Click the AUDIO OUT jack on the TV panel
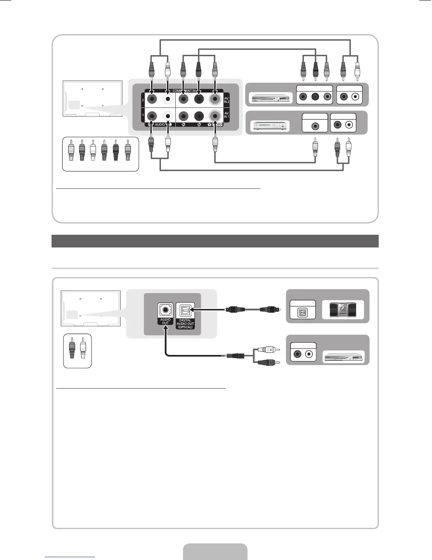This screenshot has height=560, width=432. pyautogui.click(x=165, y=311)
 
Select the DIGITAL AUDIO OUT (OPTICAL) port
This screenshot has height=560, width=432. pyautogui.click(x=185, y=311)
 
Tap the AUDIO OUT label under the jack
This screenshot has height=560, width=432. pyautogui.click(x=165, y=321)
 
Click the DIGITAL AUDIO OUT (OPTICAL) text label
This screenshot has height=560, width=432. pyautogui.click(x=185, y=323)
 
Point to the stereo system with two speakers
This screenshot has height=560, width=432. pyautogui.click(x=343, y=310)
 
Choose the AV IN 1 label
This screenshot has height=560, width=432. pyautogui.click(x=227, y=115)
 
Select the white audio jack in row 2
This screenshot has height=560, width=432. pyautogui.click(x=168, y=100)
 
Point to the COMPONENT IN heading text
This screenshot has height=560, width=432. pyautogui.click(x=184, y=91)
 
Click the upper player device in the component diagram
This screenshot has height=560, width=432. pyautogui.click(x=270, y=98)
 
